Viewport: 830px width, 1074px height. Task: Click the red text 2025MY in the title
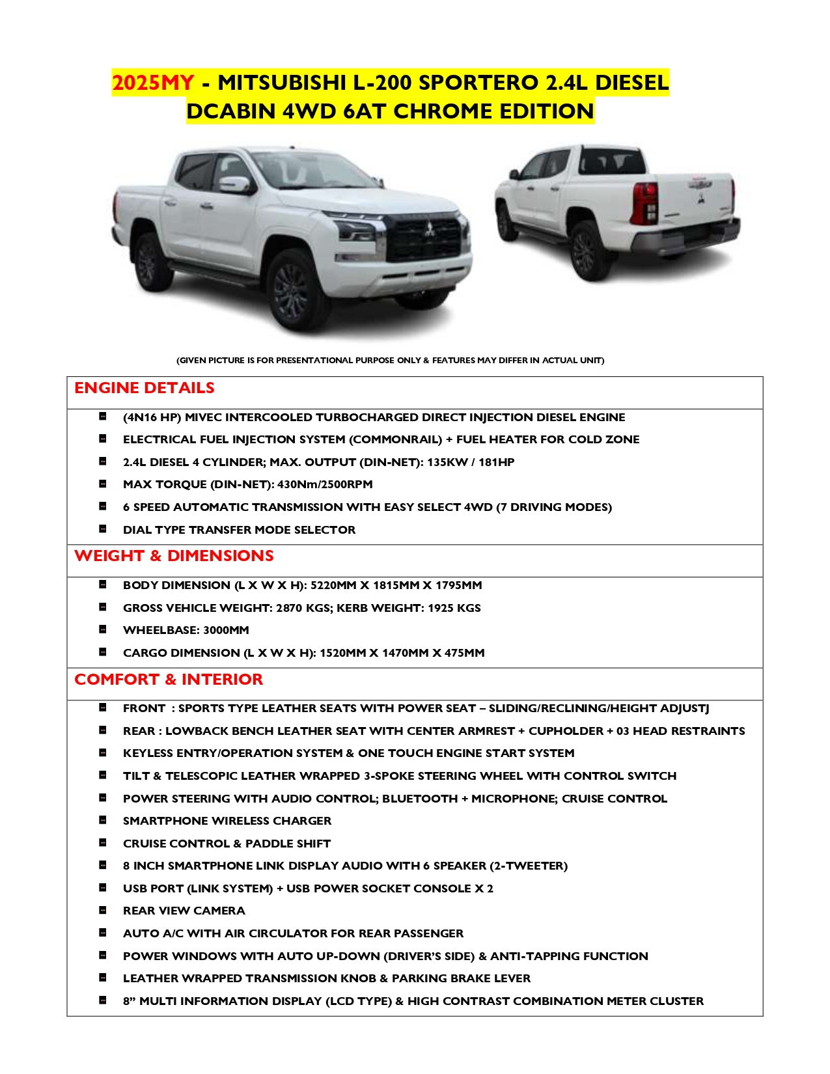click(x=153, y=83)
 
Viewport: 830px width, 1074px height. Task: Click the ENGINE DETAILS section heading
click(x=145, y=388)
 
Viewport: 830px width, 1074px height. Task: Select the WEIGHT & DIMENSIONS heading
click(x=174, y=556)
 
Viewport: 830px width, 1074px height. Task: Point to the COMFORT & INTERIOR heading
click(x=169, y=680)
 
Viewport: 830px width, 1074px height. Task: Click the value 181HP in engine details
click(x=497, y=462)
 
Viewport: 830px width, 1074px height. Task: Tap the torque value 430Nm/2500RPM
click(x=325, y=484)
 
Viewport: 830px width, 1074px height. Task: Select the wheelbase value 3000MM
click(x=226, y=630)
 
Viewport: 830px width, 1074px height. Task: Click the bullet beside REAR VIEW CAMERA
click(x=103, y=911)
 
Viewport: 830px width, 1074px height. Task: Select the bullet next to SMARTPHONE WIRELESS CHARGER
click(x=103, y=821)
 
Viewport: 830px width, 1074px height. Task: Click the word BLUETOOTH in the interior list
click(x=420, y=799)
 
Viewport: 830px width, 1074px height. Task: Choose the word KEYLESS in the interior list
click(x=148, y=753)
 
